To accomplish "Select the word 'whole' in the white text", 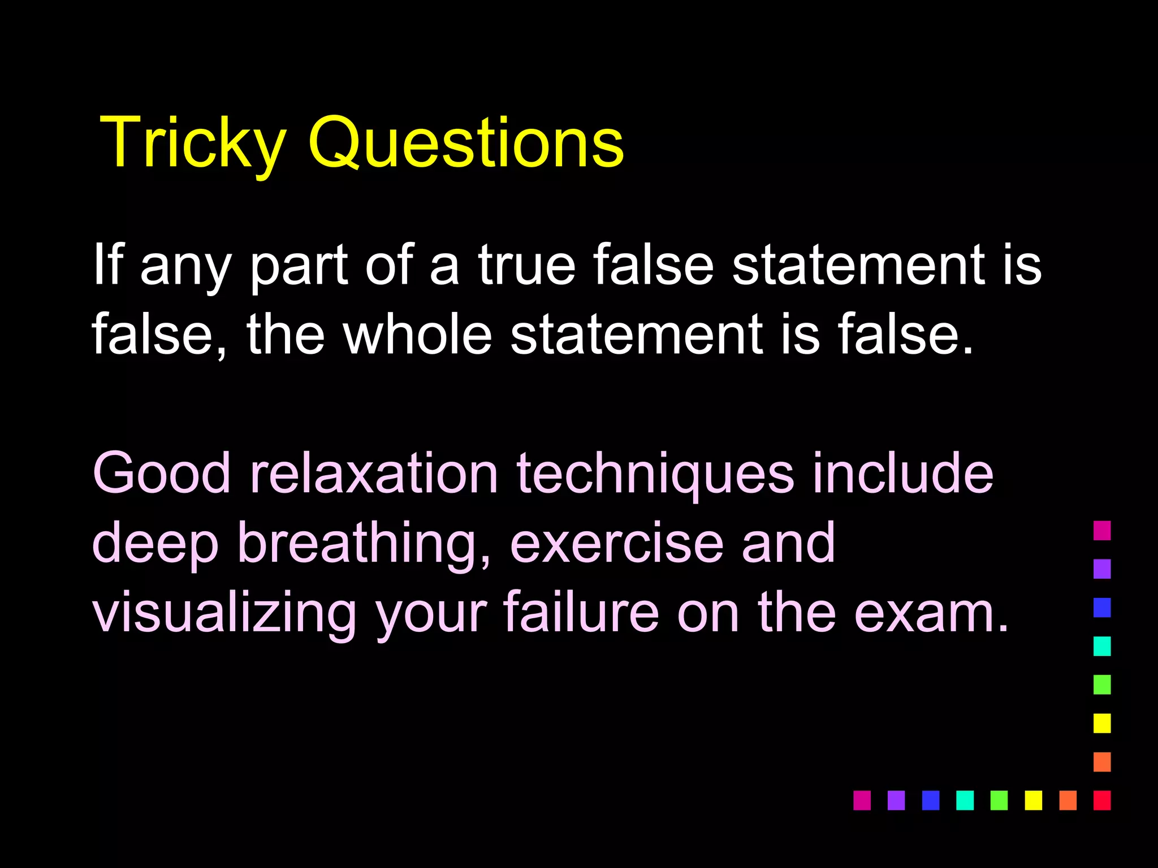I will coord(418,335).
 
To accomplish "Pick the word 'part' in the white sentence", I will coord(299,266).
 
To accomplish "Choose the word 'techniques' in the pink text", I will coord(655,475).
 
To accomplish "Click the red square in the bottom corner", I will coord(1102,800).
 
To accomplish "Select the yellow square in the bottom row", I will coord(1033,800).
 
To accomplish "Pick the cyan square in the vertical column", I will coord(1102,646).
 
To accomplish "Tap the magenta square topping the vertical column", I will coord(1102,531).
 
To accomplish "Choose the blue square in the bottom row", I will coord(930,800).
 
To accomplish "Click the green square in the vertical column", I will coord(1102,684).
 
